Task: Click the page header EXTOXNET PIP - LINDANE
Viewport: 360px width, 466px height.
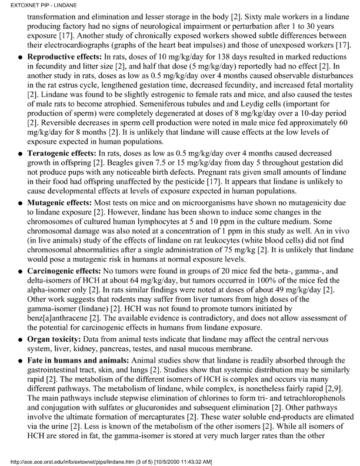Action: tap(33, 5)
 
